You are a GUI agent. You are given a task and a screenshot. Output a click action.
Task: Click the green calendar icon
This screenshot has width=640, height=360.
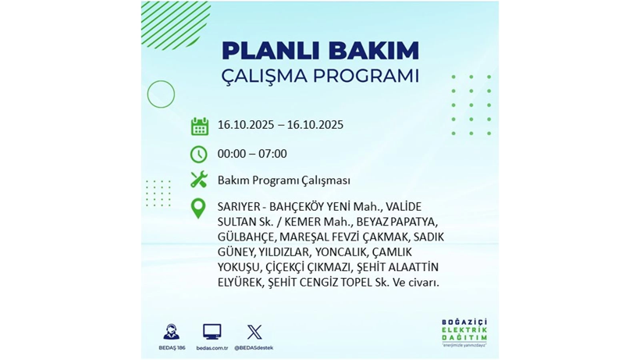pyautogui.click(x=199, y=127)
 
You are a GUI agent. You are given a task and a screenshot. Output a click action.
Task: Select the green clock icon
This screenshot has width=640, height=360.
pyautogui.click(x=199, y=154)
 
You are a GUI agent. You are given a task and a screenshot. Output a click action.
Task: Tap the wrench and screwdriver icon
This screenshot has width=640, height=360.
pyautogui.click(x=199, y=180)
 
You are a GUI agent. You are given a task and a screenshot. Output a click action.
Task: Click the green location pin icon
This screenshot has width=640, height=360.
pyautogui.click(x=199, y=208)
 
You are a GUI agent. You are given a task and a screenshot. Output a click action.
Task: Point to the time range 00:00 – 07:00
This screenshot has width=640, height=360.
pyautogui.click(x=252, y=154)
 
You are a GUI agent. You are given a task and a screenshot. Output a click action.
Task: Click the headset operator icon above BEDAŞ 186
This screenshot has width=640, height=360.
pyautogui.click(x=170, y=331)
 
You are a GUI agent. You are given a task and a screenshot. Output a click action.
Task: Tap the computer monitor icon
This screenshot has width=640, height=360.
pyautogui.click(x=212, y=331)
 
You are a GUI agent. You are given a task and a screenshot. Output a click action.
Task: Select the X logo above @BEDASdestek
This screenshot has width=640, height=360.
pyautogui.click(x=254, y=332)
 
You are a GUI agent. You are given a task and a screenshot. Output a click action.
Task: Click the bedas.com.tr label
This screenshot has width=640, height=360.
pyautogui.click(x=212, y=348)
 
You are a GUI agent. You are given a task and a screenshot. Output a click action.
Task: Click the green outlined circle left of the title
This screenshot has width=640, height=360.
pyautogui.click(x=161, y=94)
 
